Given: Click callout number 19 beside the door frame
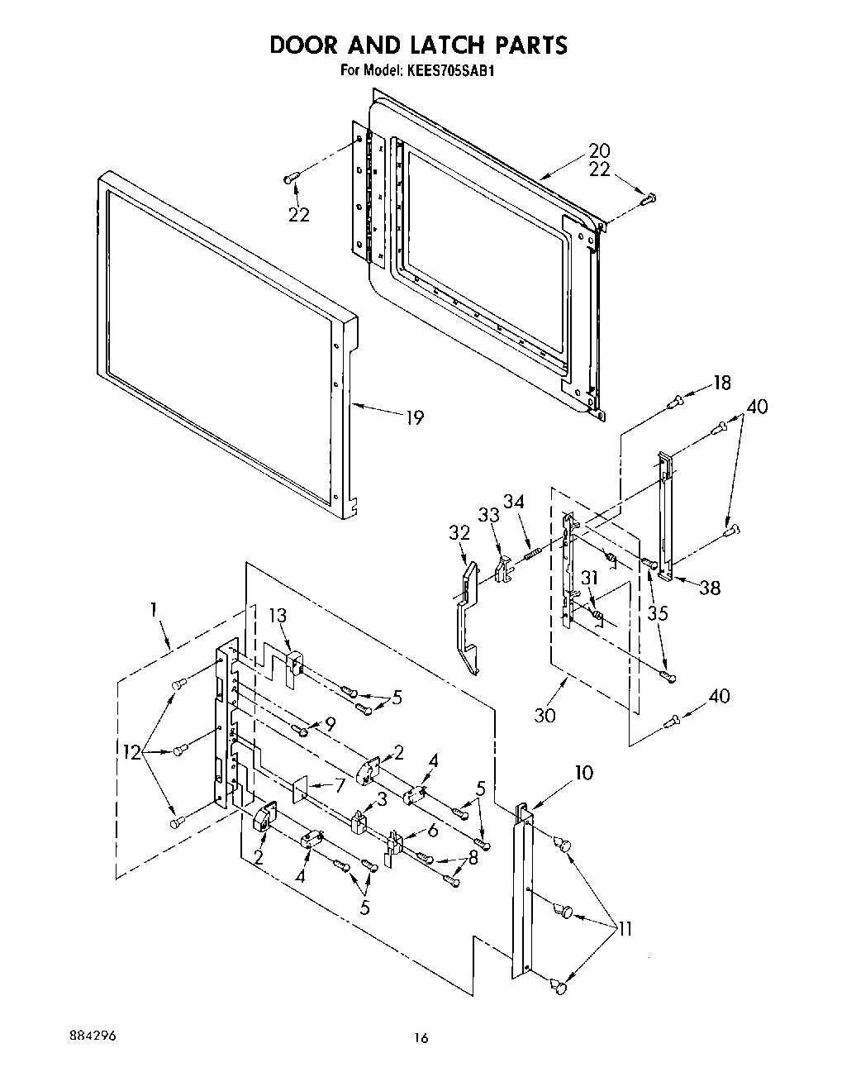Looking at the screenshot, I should click(x=413, y=417).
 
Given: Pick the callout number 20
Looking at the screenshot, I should click(x=599, y=150).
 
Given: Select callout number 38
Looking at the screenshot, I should click(x=709, y=588).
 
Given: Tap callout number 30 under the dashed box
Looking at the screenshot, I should click(x=545, y=715).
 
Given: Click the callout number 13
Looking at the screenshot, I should click(x=278, y=615).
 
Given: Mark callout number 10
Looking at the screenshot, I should click(x=583, y=773).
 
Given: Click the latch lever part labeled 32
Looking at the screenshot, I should click(x=468, y=616).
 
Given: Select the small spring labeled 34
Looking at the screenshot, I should click(x=532, y=548).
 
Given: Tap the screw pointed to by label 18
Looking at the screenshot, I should click(x=677, y=401).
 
